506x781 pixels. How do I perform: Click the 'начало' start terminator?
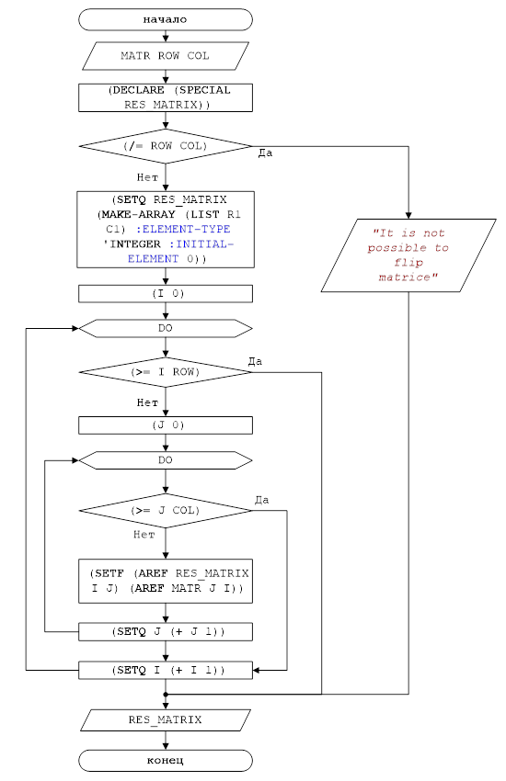click(x=166, y=19)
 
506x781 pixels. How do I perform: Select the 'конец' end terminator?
click(x=166, y=761)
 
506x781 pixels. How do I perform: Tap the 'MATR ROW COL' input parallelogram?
click(x=166, y=56)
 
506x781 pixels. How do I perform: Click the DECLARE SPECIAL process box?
click(x=166, y=97)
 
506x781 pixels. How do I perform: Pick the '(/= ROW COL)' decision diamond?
click(x=166, y=146)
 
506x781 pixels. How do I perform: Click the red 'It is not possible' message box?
click(x=408, y=255)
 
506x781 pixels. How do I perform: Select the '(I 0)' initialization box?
click(x=166, y=293)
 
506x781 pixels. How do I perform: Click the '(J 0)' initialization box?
click(x=166, y=424)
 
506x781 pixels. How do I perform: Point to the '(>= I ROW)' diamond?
click(x=166, y=372)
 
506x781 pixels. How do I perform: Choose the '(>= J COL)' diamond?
click(x=166, y=511)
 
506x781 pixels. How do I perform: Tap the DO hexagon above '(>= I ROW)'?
click(x=166, y=328)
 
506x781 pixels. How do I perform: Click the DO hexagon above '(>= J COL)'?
click(x=166, y=460)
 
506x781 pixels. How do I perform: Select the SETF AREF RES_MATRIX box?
click(x=166, y=581)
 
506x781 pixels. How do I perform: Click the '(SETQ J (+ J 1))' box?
click(x=166, y=631)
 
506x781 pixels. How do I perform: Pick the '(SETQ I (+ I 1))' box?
click(x=166, y=670)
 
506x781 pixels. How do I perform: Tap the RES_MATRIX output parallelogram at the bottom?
click(x=166, y=719)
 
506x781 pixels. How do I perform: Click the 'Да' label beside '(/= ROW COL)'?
click(x=265, y=153)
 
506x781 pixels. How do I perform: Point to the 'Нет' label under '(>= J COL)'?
click(x=144, y=535)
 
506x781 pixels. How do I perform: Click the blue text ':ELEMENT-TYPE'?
click(x=183, y=229)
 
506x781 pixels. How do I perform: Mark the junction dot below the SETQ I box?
click(x=166, y=694)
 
